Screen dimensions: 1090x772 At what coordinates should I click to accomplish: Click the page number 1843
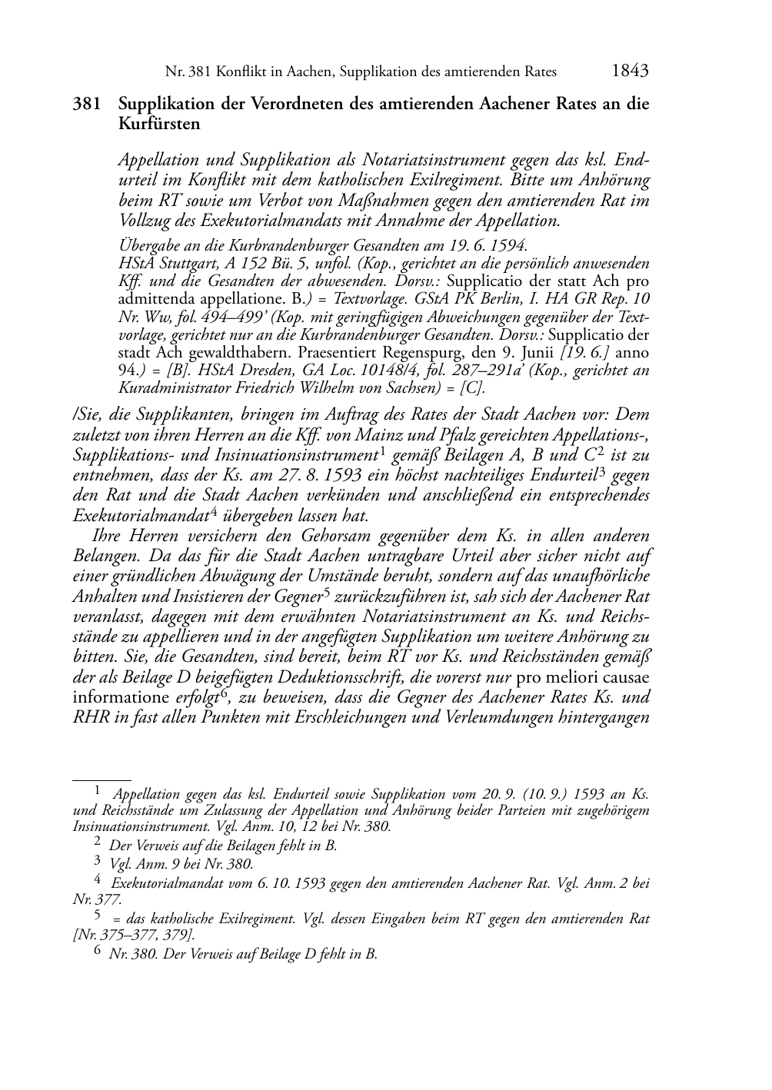pyautogui.click(x=630, y=71)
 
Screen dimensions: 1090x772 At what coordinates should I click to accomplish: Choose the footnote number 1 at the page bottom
pyautogui.click(x=98, y=789)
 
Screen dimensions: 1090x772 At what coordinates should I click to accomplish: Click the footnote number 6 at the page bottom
pyautogui.click(x=98, y=952)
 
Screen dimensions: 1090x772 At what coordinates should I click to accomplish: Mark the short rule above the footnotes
pyautogui.click(x=101, y=779)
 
